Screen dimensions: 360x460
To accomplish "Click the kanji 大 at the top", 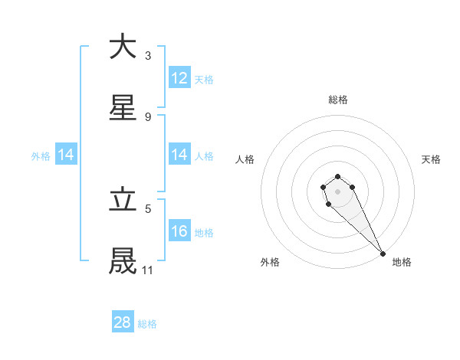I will pos(123,47).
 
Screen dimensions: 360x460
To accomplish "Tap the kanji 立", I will pos(123,200).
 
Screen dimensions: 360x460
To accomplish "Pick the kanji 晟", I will pos(123,260).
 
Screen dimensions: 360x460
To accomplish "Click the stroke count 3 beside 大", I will pos(147,56).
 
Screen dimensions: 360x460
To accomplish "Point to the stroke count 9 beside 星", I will pos(147,116).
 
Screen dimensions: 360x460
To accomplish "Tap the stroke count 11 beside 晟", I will pos(148,270).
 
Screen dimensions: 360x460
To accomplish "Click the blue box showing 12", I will pos(179,78).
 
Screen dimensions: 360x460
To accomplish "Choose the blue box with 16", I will pos(179,231).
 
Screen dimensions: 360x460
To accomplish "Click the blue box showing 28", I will pos(123,322).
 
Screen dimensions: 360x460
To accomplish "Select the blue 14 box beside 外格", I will pos(66,155).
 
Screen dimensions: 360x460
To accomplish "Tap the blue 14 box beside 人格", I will pos(179,155).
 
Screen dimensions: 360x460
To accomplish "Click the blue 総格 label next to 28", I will pos(147,324).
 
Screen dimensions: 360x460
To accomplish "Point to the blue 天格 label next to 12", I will pos(204,79).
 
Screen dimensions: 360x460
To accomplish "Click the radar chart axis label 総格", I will pos(338,100).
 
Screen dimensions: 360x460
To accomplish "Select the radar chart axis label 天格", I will pos(431,159).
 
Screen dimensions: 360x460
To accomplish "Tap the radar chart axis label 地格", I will pos(402,262).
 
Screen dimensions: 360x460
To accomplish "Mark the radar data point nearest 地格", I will pos(383,254).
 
